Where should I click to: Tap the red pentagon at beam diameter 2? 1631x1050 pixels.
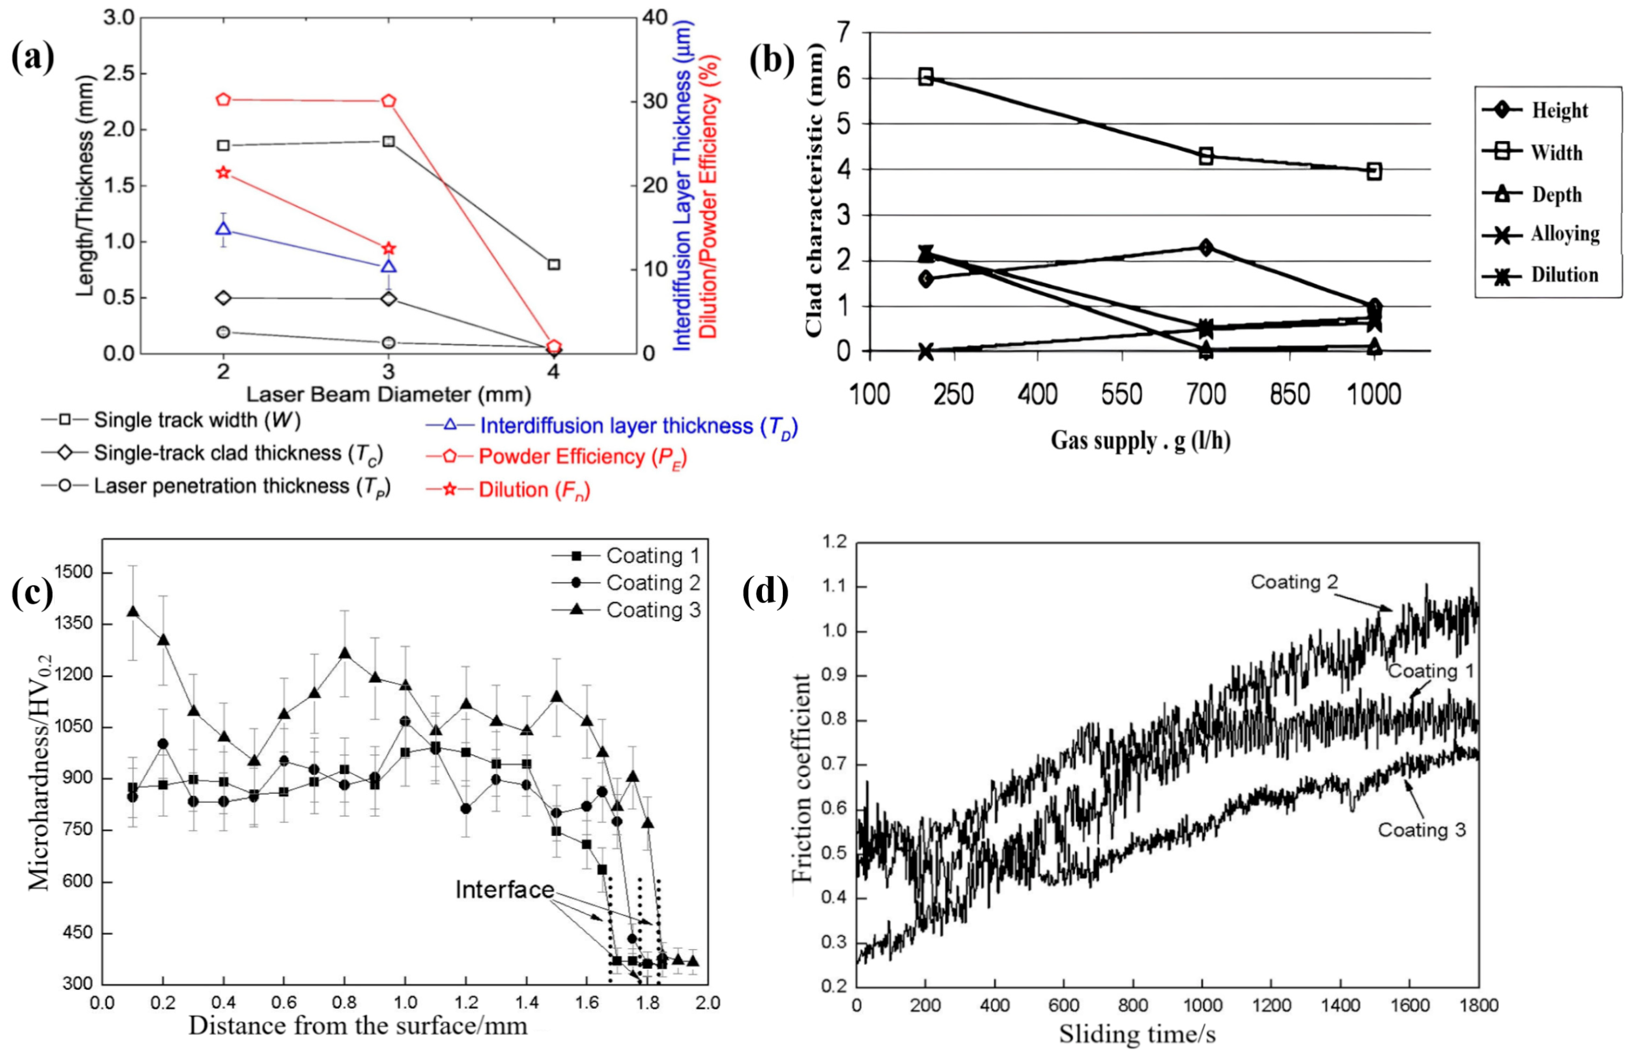click(x=223, y=99)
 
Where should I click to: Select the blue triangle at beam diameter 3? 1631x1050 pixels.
click(x=389, y=267)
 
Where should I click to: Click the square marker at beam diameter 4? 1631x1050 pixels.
click(x=554, y=264)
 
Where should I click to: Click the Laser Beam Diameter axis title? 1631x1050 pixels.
click(x=388, y=394)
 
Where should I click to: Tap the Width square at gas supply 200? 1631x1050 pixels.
click(x=925, y=76)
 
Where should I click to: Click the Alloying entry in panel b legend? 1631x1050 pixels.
click(x=1565, y=234)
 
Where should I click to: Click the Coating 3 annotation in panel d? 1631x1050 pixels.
click(x=1422, y=830)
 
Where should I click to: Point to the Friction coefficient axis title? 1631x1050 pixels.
click(x=803, y=777)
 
